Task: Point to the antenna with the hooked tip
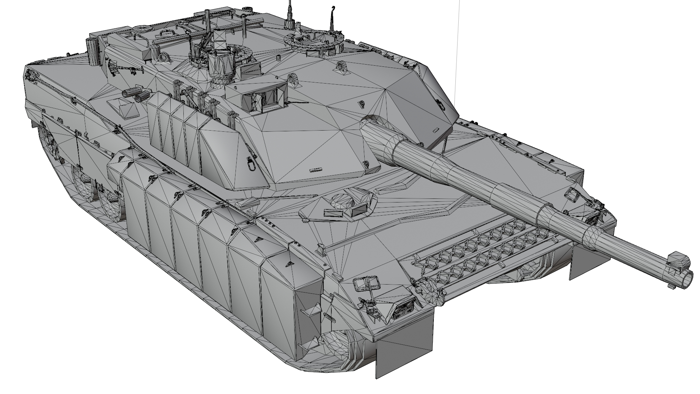pos(332,18)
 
